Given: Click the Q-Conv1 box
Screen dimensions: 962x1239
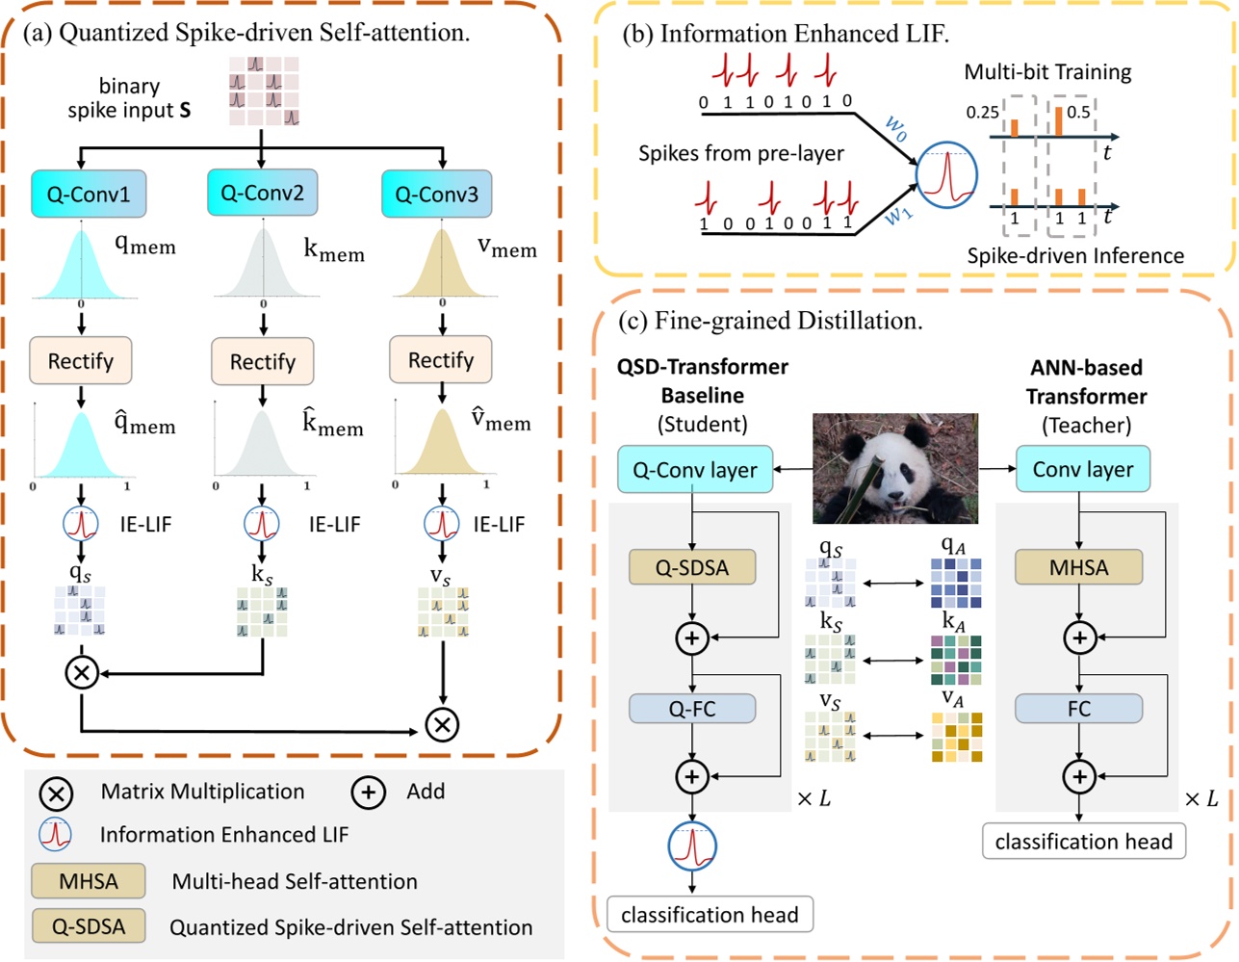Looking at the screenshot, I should click(x=89, y=194).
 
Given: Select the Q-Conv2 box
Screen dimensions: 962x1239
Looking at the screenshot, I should click(x=262, y=193).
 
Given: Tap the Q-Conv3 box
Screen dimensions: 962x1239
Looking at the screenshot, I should click(x=436, y=194).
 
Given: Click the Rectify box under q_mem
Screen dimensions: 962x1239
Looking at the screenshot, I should click(x=81, y=361).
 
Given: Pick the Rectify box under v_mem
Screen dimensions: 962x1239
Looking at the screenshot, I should click(x=441, y=360).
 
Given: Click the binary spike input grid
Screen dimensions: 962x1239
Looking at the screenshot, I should click(x=264, y=91).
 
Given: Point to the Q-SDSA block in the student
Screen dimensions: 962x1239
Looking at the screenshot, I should click(x=691, y=567).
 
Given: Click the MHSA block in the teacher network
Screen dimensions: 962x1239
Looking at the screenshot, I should click(x=1078, y=567).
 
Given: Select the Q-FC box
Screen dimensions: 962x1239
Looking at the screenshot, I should click(x=691, y=709).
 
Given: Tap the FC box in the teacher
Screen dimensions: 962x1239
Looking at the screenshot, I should click(x=1078, y=709).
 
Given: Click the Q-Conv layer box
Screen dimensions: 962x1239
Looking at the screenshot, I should click(x=694, y=470).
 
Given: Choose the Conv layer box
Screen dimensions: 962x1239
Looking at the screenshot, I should click(x=1082, y=469).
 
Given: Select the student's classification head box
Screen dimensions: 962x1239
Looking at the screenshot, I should click(x=710, y=914).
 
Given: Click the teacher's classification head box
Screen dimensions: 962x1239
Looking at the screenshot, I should click(x=1083, y=842).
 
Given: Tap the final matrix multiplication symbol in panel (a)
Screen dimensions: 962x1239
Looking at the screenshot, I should click(x=442, y=724).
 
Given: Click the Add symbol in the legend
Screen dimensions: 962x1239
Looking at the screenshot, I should click(x=368, y=793).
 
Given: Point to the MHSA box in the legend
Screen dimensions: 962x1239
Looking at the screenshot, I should click(x=89, y=881).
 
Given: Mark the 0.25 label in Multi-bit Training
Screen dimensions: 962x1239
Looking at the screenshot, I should click(x=982, y=113).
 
